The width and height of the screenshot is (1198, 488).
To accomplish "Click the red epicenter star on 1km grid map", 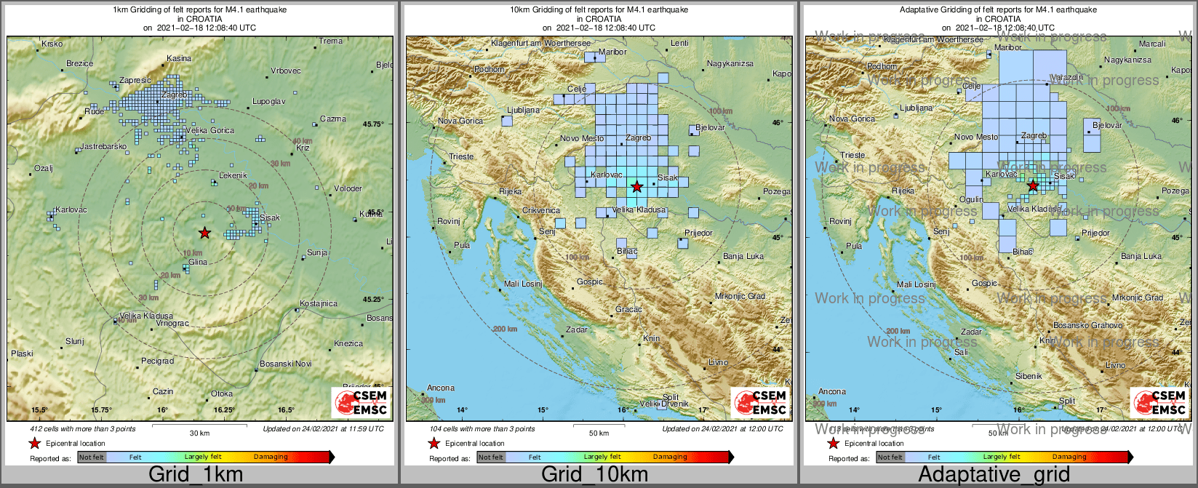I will [204, 233].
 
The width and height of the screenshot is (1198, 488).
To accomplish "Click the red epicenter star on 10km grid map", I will [637, 187].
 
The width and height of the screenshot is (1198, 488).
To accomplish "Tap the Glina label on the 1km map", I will [198, 263].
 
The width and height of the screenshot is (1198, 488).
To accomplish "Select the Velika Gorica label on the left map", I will [210, 130].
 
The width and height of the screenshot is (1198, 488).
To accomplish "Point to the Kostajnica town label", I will [319, 303].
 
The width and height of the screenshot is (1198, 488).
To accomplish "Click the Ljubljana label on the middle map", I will [524, 111].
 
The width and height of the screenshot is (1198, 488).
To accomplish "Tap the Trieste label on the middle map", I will [461, 156].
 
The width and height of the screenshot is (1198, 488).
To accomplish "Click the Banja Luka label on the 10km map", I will [743, 257].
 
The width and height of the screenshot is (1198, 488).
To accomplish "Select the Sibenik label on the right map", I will [1029, 376].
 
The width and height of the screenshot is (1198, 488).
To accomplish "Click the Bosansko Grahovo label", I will [1087, 326].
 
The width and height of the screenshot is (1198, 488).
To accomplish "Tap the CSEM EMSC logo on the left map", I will [361, 402].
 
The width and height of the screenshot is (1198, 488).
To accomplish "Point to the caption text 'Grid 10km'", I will [594, 475].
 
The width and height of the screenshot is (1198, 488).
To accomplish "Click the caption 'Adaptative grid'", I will [994, 475].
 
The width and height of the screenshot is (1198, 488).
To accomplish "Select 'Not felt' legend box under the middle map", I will [491, 457].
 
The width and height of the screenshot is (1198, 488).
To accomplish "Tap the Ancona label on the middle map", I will [441, 388].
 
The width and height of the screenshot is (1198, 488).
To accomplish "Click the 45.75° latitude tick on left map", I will [373, 124].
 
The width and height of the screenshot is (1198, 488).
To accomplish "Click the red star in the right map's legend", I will [834, 444].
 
